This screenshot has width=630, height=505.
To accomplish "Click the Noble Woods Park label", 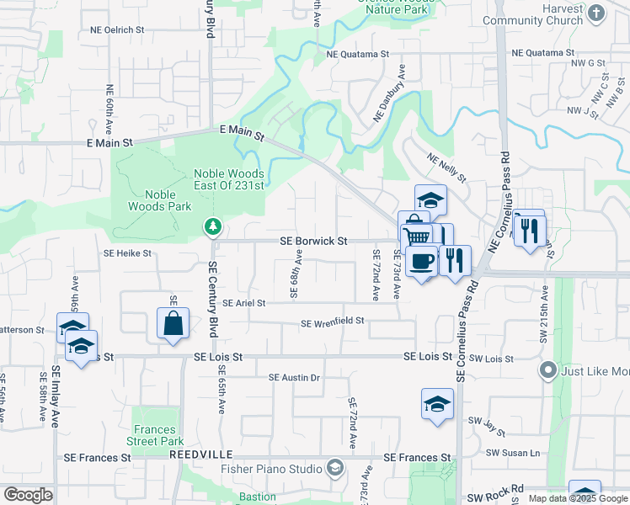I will coord(153,199).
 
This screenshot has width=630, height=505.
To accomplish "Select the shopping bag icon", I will coord(173,324).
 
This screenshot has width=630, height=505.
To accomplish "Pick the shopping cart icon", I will coord(416,235).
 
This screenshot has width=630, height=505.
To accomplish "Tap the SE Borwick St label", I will coord(313,242).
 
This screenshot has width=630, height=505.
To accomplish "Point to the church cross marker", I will coord(596,13).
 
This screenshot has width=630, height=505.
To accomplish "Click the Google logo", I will coord(28,495).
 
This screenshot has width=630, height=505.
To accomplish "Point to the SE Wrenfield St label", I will coord(332,322).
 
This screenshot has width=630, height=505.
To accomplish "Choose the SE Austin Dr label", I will coord(294,378).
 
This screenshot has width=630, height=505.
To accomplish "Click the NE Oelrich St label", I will coord(117,29).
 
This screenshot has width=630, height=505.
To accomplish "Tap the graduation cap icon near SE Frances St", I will coord(437,404).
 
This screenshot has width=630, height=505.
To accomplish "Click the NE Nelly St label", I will coord(446,168).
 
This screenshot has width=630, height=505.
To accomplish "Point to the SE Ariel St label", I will coord(243,303).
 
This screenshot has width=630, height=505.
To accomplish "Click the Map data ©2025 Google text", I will coord(577,498).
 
